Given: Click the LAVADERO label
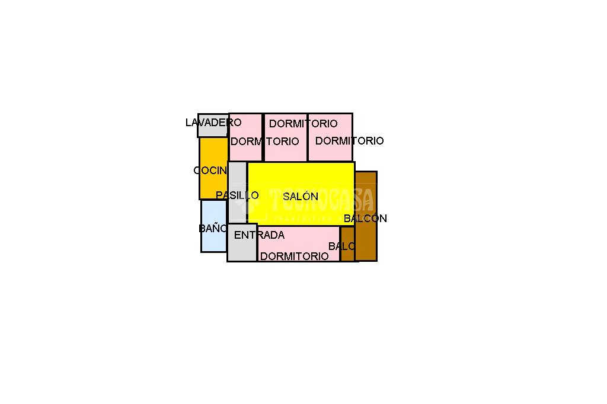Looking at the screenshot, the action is click(x=213, y=123).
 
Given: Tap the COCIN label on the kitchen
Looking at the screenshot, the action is click(x=210, y=171).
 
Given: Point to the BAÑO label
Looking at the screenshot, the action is click(x=213, y=228).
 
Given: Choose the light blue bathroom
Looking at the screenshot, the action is click(x=213, y=240).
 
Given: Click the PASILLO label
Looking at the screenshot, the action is click(x=237, y=195).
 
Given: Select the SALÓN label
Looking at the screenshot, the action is click(x=301, y=197).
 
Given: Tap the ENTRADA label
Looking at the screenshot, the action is click(x=259, y=235).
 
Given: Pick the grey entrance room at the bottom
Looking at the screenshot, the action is click(x=241, y=249).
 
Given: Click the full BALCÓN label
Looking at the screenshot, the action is click(x=365, y=219).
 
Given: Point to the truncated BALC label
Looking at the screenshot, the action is click(x=342, y=246).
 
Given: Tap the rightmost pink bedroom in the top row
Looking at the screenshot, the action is click(x=330, y=153).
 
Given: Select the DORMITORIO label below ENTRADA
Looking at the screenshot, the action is click(x=294, y=256).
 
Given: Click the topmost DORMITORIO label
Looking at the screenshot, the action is click(x=303, y=124).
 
